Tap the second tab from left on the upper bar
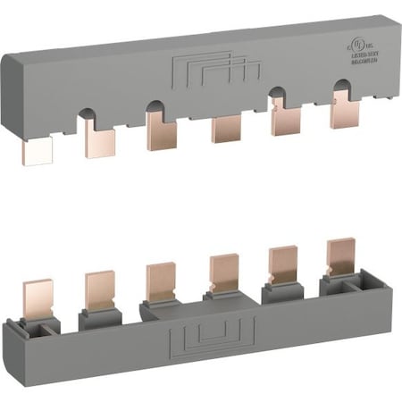pos(99,138)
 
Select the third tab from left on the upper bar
pos(162,132)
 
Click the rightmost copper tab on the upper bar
pos(344,111)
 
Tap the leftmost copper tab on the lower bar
pos(38,298)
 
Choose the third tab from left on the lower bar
pos(161,281)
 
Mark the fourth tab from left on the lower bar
pos(223,272)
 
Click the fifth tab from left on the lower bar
pos(283,264)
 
